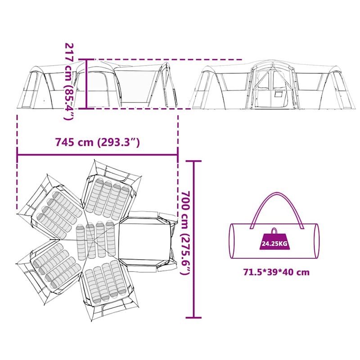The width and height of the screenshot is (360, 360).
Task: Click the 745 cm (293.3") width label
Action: click(98, 143)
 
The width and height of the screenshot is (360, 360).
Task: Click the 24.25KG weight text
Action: click(274, 245)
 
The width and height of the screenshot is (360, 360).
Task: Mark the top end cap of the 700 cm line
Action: click(194, 161)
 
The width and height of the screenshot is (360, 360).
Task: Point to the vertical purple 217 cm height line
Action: click(87, 83)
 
